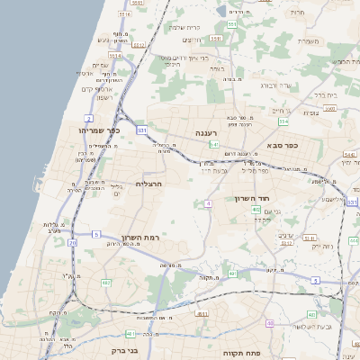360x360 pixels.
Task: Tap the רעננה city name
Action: pos(208,132)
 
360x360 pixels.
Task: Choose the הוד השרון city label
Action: pos(253,198)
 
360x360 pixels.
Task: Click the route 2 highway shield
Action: pos(89,118)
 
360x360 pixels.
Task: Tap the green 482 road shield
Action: pos(106,283)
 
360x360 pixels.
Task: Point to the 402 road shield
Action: pos(257,210)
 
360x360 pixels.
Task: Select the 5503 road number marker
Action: pos(287,242)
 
